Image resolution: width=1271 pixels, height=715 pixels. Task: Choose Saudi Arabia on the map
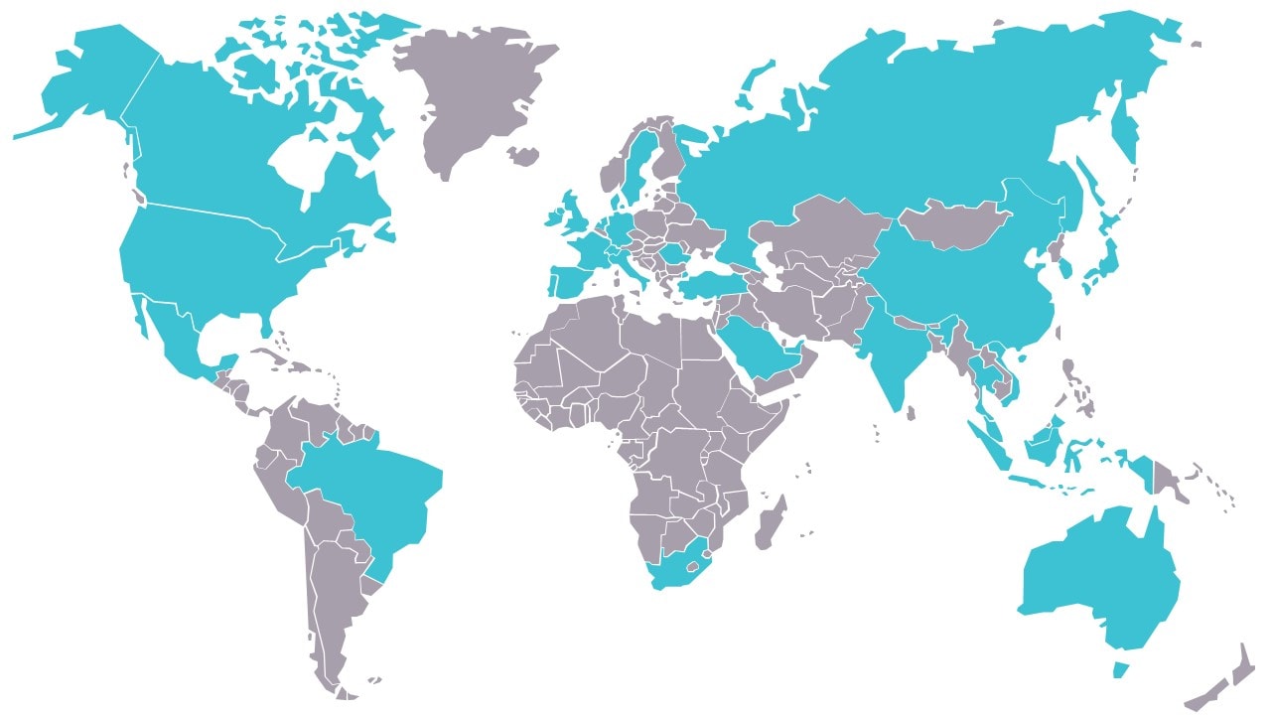(760, 348)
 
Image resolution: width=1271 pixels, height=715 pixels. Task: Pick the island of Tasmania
(1120, 669)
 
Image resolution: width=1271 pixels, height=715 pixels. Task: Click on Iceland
(522, 155)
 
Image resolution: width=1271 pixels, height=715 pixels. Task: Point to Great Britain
(576, 214)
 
